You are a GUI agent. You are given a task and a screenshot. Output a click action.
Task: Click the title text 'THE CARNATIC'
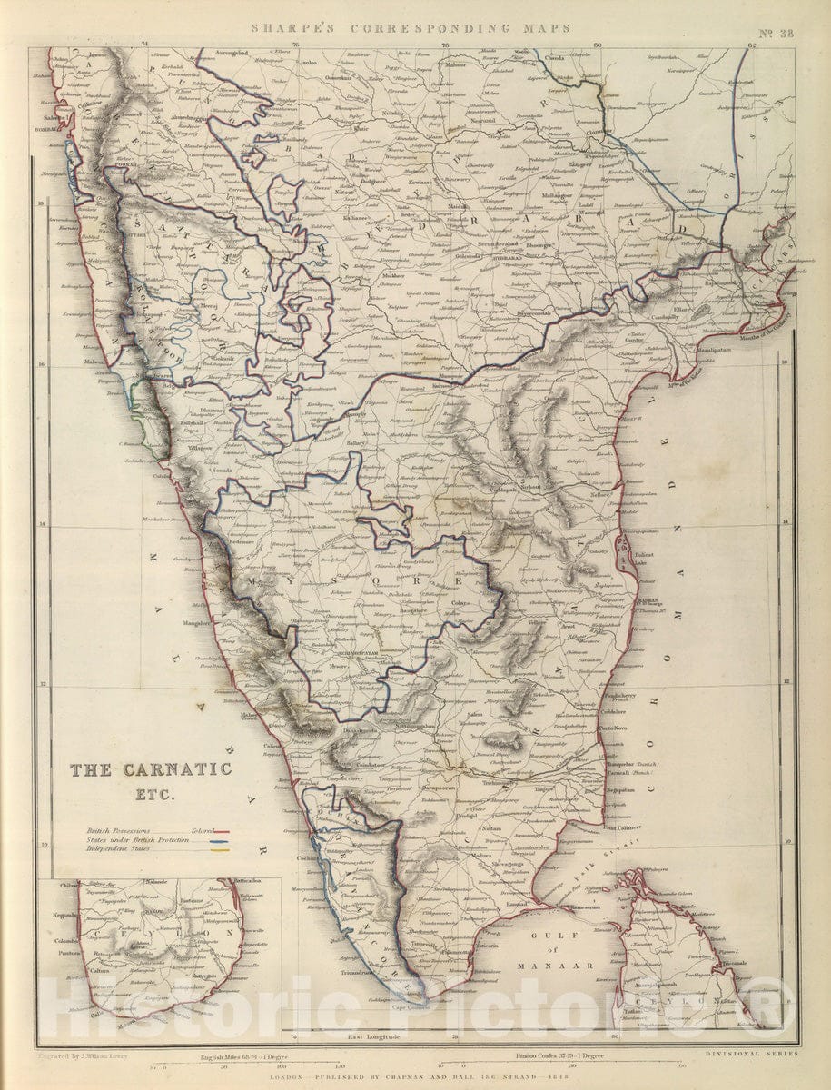[x=152, y=769]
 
